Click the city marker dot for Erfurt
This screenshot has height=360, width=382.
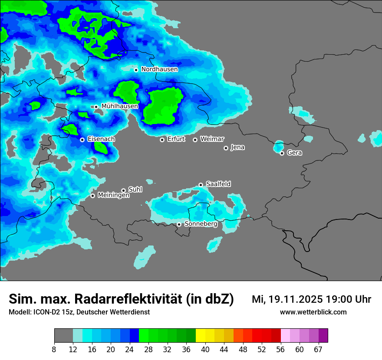[162, 140]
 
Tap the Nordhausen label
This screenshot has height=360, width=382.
[159, 69]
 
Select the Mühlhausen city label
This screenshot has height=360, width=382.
[119, 106]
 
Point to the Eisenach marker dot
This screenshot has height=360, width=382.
[82, 140]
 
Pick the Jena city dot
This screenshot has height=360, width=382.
[226, 148]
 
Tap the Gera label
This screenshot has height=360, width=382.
[294, 153]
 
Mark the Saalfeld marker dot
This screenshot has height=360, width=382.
[201, 185]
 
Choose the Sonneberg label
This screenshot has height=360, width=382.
[201, 224]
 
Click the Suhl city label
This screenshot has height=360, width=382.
[135, 190]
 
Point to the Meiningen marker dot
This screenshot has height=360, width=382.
[92, 196]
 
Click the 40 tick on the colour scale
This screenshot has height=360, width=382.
[205, 350]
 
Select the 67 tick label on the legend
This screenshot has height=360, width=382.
[318, 350]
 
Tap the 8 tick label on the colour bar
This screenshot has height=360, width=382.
[54, 350]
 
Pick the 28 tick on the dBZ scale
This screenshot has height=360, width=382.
[148, 350]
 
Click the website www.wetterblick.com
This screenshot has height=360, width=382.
[313, 312]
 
